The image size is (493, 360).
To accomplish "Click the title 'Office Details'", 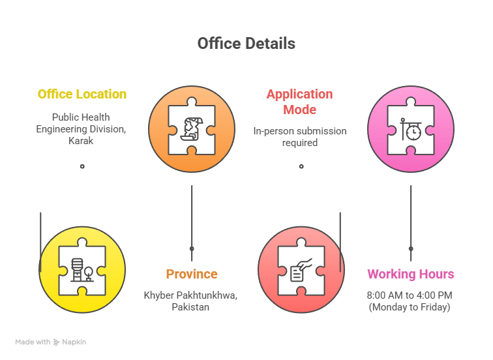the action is [246, 44].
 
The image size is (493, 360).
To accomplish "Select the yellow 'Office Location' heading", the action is [82, 94].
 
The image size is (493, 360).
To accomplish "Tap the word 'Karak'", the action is [81, 140].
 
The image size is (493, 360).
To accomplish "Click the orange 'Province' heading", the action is [192, 274].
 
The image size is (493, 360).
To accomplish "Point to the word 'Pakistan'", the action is [190, 307].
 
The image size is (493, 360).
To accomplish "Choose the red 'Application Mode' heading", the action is [299, 102].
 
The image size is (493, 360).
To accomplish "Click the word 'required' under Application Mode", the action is [299, 143].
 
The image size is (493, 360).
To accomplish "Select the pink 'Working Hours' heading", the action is [411, 274].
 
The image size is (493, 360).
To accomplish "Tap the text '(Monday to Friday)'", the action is [410, 307].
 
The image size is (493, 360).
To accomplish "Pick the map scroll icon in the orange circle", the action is [192, 128].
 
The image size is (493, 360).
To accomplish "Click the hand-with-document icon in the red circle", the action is [301, 270].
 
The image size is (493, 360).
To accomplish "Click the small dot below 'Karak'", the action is [82, 166].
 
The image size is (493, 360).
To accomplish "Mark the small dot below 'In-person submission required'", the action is [301, 166].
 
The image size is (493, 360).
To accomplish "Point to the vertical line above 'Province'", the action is [192, 223].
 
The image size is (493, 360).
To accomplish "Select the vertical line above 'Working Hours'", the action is [411, 223].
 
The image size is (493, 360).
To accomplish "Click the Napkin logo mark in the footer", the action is [56, 342].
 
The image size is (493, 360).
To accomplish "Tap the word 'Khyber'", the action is [158, 295].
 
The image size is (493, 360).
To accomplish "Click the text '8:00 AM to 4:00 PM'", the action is [410, 295].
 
